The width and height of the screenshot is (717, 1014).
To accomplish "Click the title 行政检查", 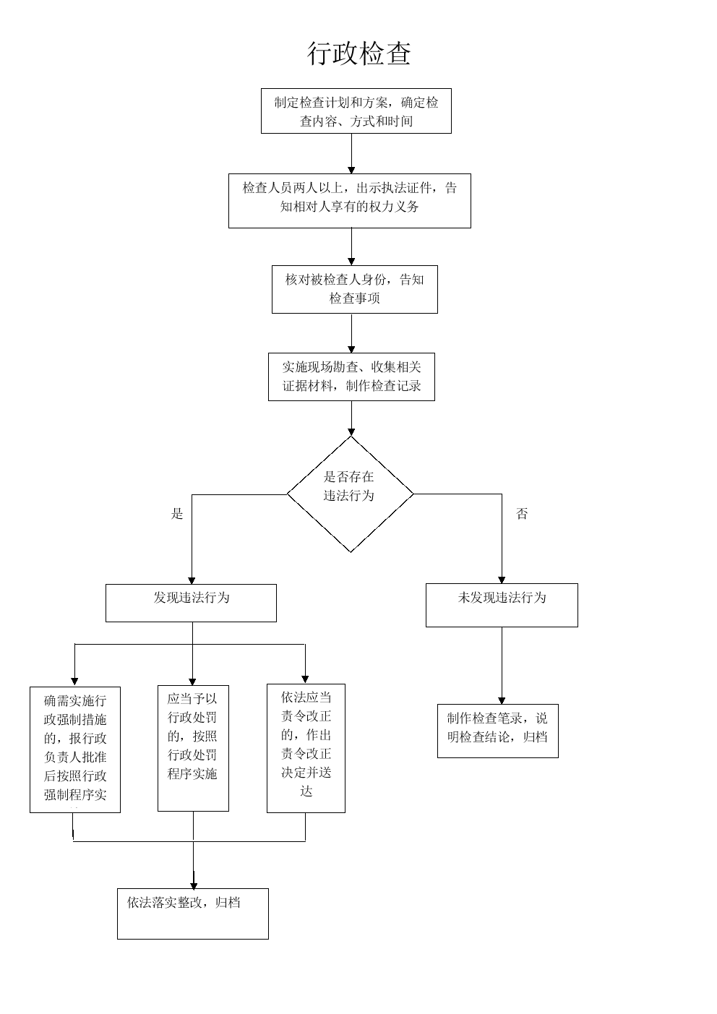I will coord(359,54).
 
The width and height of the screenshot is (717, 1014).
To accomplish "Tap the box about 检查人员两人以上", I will coord(349,201).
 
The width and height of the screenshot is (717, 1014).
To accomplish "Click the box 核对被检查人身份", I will coord(354,289).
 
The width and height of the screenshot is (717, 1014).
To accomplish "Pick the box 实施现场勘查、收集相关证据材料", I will coord(351,376).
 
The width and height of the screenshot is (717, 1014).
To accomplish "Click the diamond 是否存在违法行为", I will coord(350,494).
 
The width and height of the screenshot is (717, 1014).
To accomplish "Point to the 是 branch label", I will coord(177,514).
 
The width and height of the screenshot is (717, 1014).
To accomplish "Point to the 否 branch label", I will coord(522,514).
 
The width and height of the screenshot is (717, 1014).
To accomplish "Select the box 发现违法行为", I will coord(191,603).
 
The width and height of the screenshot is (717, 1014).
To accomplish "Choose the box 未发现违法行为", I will coord(502,605).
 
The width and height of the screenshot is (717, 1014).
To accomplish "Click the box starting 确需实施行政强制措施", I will coord(75,749).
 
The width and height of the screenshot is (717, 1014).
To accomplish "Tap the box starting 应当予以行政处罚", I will coord(193,748).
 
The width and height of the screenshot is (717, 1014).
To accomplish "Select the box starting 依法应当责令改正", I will coord(306,748).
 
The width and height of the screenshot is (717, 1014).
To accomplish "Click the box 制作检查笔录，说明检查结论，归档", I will coord(497,731).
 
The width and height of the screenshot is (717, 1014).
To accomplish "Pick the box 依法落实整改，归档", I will coord(192,914).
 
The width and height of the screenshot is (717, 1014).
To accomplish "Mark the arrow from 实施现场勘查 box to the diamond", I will coord(351,418).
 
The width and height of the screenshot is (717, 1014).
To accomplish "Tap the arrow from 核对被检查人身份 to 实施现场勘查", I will coord(351,332).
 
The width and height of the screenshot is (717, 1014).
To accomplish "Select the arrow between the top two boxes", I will coord(352,153).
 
